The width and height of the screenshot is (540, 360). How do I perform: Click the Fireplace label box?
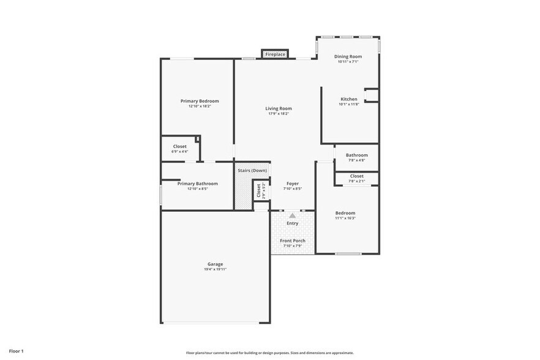(275, 54)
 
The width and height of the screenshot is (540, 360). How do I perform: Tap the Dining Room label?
(347, 56)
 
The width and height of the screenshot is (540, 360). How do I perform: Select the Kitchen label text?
(348, 99)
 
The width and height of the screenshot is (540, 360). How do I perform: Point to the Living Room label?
(279, 108)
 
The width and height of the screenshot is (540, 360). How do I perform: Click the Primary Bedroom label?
(200, 101)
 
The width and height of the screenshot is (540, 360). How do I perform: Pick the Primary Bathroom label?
(197, 183)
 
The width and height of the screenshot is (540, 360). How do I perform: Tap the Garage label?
(215, 264)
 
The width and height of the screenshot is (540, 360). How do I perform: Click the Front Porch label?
(293, 241)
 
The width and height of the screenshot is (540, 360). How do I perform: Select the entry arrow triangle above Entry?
(293, 216)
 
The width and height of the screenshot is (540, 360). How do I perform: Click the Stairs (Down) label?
(252, 170)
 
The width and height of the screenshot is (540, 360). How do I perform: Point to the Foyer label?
(293, 183)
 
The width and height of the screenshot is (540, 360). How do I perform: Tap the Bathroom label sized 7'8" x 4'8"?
(356, 156)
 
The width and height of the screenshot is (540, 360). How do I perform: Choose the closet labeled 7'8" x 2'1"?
(356, 178)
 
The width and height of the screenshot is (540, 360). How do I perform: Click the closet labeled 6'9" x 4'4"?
(180, 149)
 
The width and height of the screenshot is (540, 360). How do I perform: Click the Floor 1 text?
(16, 351)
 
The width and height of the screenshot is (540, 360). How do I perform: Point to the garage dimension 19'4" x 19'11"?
(215, 269)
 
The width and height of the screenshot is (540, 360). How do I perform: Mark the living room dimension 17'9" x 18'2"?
(279, 114)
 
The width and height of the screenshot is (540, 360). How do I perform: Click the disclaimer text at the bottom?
(269, 353)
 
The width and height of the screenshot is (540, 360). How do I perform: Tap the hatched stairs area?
(243, 193)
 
